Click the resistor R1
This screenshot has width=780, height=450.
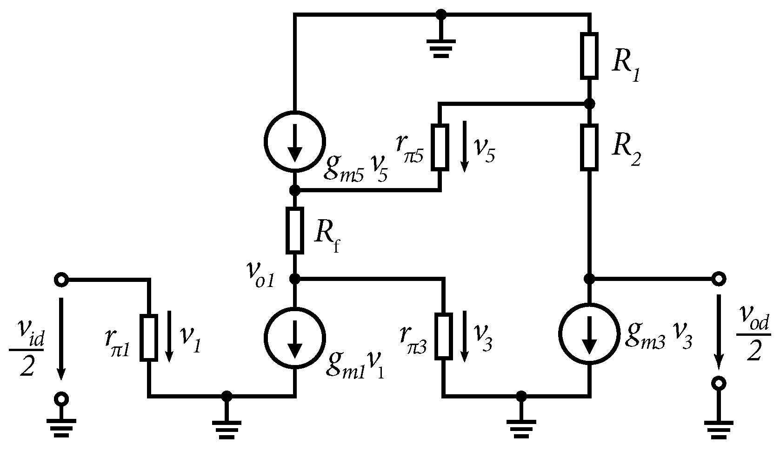(x=589, y=55)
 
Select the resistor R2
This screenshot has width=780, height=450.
(x=589, y=147)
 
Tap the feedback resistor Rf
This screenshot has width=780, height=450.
(x=294, y=230)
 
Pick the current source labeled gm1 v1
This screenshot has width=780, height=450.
(x=294, y=337)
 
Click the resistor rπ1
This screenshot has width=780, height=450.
(x=149, y=337)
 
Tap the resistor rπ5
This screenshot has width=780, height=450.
(x=440, y=147)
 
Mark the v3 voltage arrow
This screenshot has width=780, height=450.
(x=464, y=337)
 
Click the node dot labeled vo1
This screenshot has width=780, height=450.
(x=294, y=279)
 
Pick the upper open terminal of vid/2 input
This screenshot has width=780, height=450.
(x=61, y=280)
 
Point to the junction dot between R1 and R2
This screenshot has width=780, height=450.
(x=589, y=103)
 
